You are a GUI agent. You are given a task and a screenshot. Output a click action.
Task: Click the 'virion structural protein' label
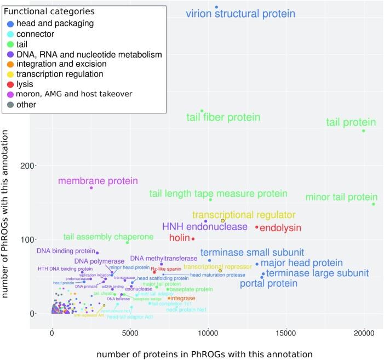coord(240,14)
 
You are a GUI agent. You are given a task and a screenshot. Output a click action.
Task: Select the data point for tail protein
coord(363,130)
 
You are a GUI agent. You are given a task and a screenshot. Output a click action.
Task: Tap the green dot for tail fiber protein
coord(202,111)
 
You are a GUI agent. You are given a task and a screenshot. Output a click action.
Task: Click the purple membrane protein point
coord(91,188)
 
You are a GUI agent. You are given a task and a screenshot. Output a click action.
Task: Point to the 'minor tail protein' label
coord(341,197)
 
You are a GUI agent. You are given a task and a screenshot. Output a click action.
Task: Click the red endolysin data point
coord(256,227)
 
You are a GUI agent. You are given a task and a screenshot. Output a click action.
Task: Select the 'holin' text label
coord(179,238)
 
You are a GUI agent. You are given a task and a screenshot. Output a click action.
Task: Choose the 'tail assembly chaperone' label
coord(100,237)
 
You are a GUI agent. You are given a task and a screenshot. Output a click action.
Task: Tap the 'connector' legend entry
coord(35,34)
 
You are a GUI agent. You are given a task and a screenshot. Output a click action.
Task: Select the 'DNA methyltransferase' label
coord(163,258)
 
